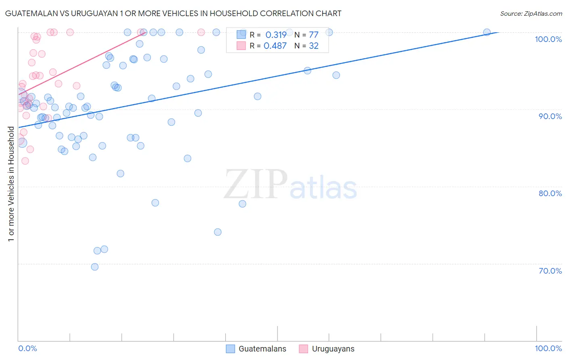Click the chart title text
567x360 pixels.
[173, 13]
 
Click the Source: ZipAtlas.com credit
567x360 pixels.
[531, 13]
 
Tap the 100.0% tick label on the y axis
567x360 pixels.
[548, 39]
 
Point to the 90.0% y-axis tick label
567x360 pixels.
[550, 116]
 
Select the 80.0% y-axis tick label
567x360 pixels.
[550, 193]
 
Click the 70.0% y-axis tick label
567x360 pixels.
[550, 271]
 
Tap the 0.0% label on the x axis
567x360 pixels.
[27, 348]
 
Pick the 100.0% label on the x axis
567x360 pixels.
[548, 348]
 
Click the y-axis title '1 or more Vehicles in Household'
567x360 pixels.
[11, 184]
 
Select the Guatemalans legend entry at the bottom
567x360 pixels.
[262, 349]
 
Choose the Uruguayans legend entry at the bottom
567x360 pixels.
[333, 349]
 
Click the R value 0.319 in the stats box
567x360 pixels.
[276, 35]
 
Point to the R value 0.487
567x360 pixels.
[275, 46]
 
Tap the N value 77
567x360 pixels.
[314, 35]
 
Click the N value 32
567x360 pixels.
[314, 46]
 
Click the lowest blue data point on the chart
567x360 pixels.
[95, 267]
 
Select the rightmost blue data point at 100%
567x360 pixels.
[487, 32]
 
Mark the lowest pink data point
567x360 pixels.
[25, 161]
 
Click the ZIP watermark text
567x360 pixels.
[256, 184]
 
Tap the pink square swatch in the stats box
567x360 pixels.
[241, 46]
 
